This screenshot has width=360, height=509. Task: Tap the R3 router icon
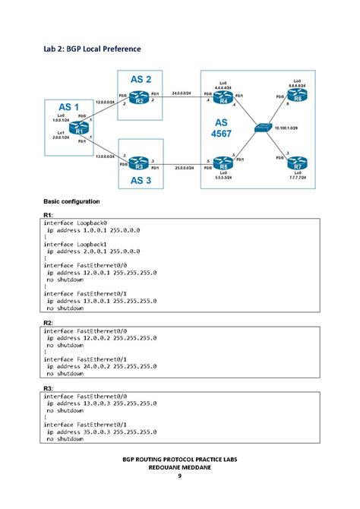click(x=137, y=162)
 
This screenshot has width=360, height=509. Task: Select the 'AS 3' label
click(x=142, y=181)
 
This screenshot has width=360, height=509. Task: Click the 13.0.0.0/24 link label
click(x=105, y=156)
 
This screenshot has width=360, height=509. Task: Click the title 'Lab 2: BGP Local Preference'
click(x=91, y=49)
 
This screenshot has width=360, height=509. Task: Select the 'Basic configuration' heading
click(x=71, y=201)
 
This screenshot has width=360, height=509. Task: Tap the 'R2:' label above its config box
click(x=47, y=323)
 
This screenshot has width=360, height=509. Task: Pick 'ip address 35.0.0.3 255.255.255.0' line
click(x=101, y=431)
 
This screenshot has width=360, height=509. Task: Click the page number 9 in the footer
click(x=180, y=477)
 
